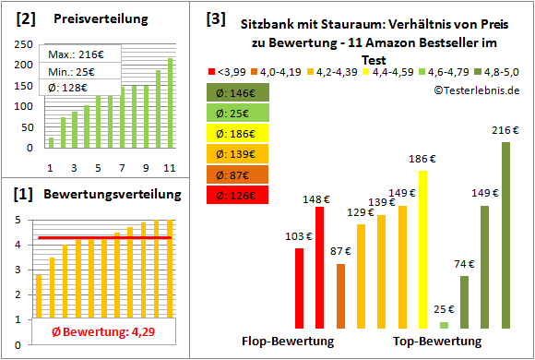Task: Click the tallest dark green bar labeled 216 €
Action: point(505,235)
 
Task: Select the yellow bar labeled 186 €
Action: point(423,249)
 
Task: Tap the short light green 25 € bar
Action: point(444,325)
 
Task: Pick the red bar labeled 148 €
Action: point(320,268)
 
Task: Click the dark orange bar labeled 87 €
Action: point(340,295)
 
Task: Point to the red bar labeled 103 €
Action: point(300,288)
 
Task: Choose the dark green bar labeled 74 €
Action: point(464,302)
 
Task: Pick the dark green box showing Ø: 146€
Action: point(238,92)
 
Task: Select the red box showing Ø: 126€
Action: point(238,195)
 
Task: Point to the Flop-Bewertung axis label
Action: point(288,342)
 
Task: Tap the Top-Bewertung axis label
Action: point(437,342)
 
